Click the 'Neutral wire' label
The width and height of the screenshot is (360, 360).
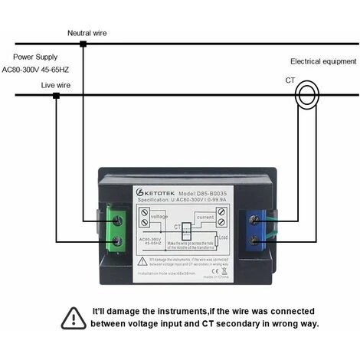pos(87,33)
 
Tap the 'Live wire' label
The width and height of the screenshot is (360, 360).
pos(56,85)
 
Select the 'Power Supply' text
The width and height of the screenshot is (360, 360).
pos(37,57)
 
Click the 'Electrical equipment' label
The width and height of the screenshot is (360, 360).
pos(323,61)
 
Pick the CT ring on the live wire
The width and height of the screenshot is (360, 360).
pos(309,95)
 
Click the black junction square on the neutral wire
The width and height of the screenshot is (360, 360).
pos(83,44)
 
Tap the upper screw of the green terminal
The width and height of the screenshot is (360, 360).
pos(119,220)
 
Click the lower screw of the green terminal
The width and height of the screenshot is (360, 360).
pos(119,242)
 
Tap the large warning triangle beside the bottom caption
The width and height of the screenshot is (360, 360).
pos(74,316)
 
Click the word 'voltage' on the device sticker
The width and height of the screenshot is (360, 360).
pos(159,217)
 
